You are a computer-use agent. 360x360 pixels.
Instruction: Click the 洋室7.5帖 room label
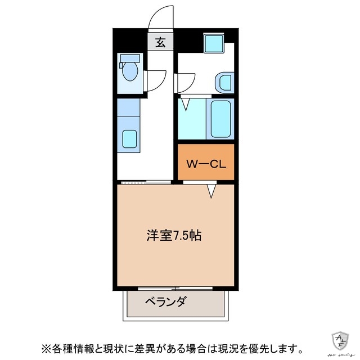click(174, 235)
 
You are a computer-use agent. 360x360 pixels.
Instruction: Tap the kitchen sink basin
click(130, 138)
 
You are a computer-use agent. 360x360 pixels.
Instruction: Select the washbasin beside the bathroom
click(224, 82)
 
